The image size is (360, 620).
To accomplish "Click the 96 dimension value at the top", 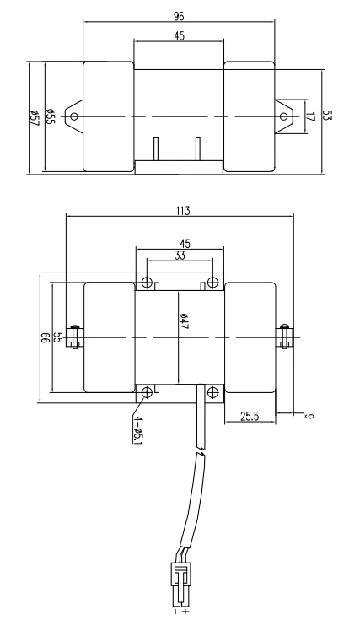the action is pyautogui.click(x=179, y=16).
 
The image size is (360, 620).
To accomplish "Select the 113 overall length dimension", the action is pyautogui.click(x=182, y=211).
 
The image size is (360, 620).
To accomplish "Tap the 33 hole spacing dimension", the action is pyautogui.click(x=180, y=256).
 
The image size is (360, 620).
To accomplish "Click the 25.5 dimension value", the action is pyautogui.click(x=250, y=416).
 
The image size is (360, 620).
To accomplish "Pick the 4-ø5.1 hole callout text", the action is pyautogui.click(x=137, y=430).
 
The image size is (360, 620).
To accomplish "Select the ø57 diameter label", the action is pyautogui.click(x=34, y=118).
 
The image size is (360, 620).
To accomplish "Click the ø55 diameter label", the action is pyautogui.click(x=50, y=116).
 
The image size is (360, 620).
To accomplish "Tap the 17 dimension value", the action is pyautogui.click(x=310, y=117).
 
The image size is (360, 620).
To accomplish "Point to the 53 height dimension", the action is pyautogui.click(x=326, y=115).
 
